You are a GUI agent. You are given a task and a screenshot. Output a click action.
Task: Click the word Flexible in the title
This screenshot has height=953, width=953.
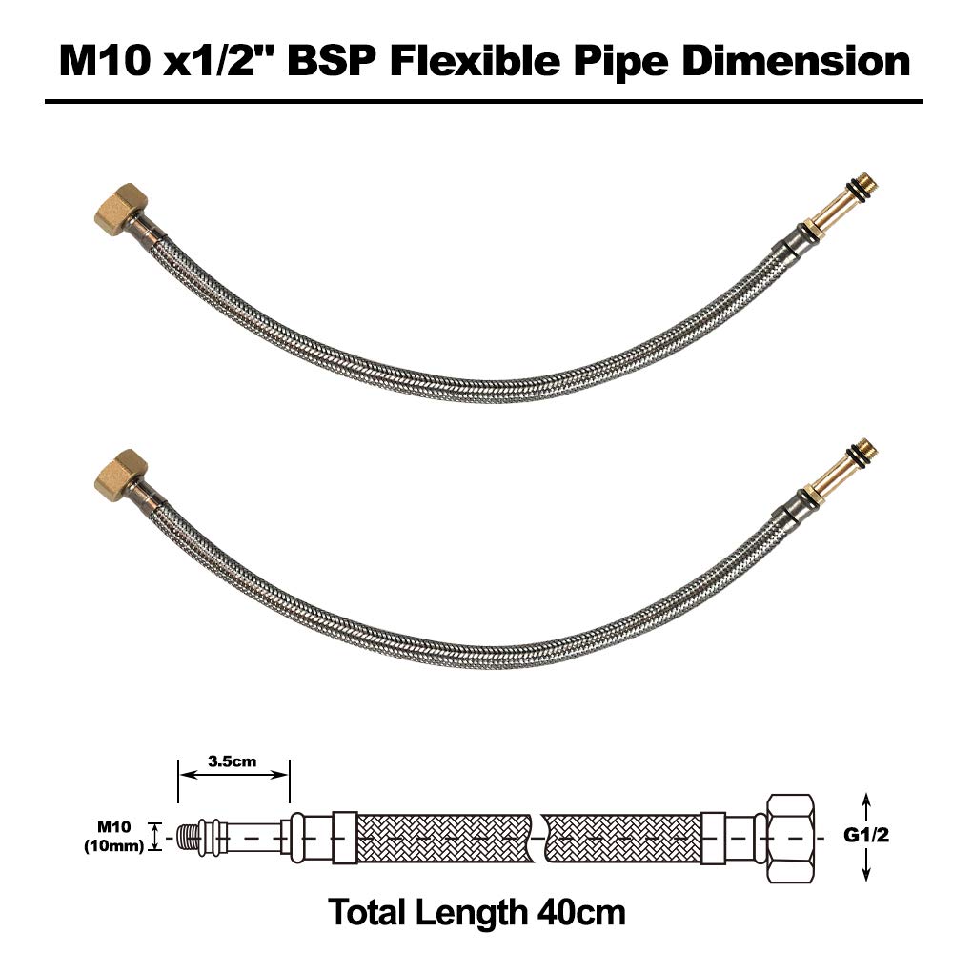[x=476, y=61]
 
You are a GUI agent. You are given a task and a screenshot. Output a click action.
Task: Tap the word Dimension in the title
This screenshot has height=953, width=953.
[x=796, y=61]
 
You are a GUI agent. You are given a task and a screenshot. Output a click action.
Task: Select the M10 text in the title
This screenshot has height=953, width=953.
[x=105, y=61]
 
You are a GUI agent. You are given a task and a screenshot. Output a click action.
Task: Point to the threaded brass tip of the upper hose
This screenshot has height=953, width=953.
[x=863, y=187]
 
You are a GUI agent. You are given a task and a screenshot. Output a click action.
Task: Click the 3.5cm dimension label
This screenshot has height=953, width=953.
[x=233, y=760]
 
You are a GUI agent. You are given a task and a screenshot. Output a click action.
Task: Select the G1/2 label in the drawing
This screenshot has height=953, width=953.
[x=866, y=835]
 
